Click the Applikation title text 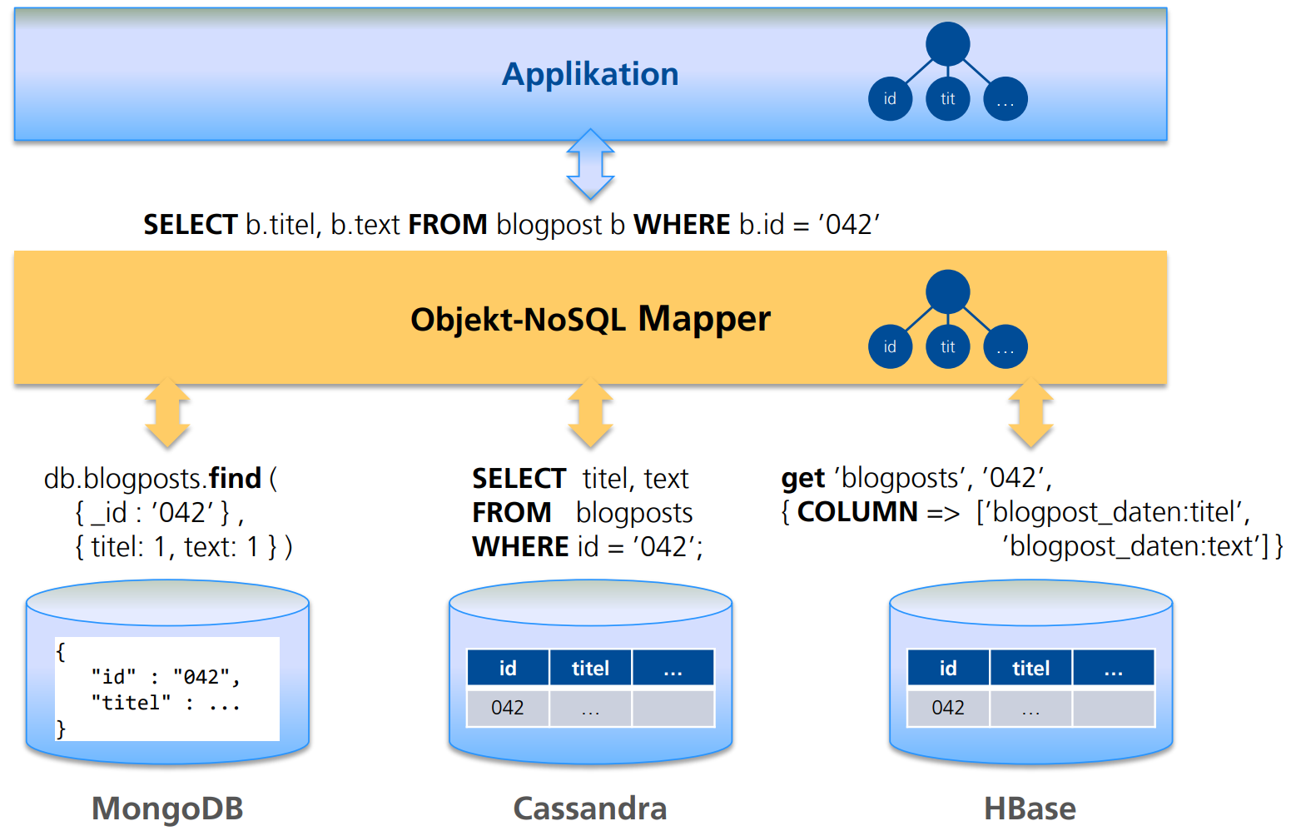click(590, 74)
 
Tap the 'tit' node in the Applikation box click(947, 98)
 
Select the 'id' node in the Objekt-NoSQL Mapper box click(890, 346)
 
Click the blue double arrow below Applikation click(590, 164)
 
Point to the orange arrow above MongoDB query click(167, 413)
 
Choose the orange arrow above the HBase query click(1030, 413)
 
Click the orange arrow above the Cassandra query click(590, 413)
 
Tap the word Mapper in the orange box click(704, 319)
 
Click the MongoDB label click(167, 809)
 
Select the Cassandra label click(590, 809)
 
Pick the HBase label click(1030, 809)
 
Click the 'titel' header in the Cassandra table click(590, 668)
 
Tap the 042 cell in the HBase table click(948, 708)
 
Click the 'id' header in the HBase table click(948, 668)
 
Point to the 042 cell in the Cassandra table click(508, 708)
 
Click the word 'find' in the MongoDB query click(236, 478)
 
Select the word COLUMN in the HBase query click(857, 512)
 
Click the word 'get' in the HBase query click(802, 479)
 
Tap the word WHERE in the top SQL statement click(682, 225)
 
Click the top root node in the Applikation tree click(947, 43)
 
